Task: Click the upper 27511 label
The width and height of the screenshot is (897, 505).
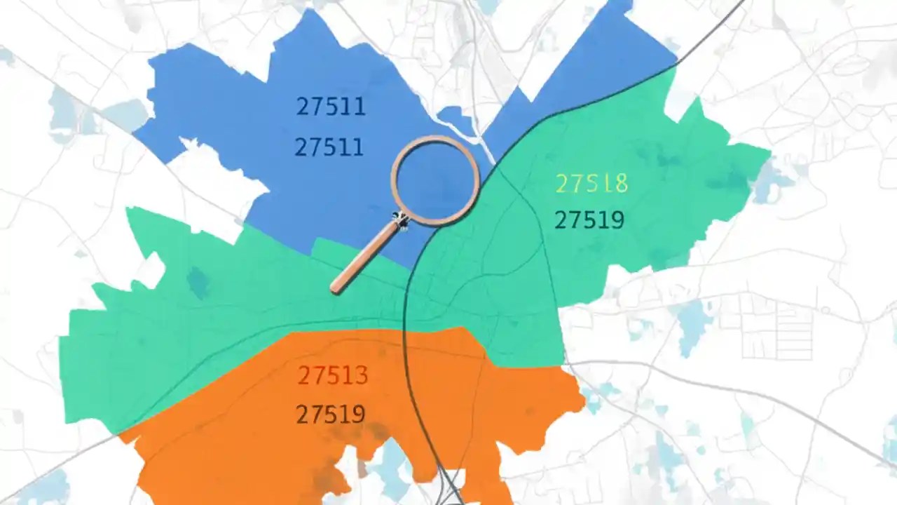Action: click(331, 107)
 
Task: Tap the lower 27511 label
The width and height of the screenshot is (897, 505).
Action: click(329, 147)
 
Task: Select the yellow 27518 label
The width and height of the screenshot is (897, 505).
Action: click(591, 184)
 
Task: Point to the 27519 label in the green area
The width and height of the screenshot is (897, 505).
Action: click(589, 220)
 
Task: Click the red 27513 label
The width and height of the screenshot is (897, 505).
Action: click(332, 376)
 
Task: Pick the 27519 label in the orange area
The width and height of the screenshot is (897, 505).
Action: click(331, 415)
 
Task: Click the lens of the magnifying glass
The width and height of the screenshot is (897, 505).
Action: click(435, 180)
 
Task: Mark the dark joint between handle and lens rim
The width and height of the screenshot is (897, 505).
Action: click(401, 222)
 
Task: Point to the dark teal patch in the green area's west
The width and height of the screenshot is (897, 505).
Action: click(198, 282)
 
